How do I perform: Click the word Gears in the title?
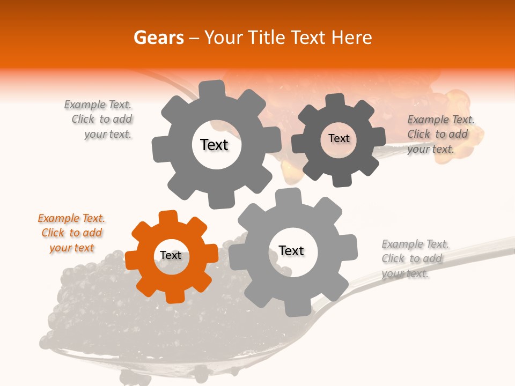[x=158, y=38]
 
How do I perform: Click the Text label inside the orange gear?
[x=171, y=256]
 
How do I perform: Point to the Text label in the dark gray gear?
[x=339, y=139]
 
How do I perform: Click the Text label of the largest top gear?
[x=214, y=145]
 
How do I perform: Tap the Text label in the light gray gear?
[x=291, y=251]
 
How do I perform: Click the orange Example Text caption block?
[x=71, y=233]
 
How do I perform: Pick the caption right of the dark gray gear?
[x=440, y=135]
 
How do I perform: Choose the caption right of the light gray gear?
[x=415, y=259]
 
